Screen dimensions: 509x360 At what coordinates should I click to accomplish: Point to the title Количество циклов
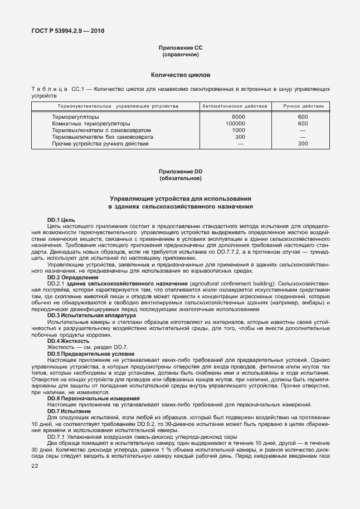click(181, 74)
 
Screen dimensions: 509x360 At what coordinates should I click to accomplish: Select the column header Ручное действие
click(303, 106)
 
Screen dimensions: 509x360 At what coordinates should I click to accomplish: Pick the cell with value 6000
click(239, 117)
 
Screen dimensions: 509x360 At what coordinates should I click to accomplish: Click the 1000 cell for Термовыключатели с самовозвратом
click(239, 130)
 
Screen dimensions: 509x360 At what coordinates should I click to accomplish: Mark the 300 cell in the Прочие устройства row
click(303, 144)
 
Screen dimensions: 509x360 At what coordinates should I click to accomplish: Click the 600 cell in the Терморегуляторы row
click(303, 117)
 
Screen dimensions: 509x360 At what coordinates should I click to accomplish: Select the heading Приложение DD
click(181, 172)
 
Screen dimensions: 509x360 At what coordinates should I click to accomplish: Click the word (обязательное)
click(181, 178)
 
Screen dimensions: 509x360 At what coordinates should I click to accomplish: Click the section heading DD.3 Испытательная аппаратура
click(88, 316)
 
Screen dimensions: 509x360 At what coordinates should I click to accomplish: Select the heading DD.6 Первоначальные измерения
click(85, 398)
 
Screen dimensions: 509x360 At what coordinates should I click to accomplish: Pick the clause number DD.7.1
click(57, 437)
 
